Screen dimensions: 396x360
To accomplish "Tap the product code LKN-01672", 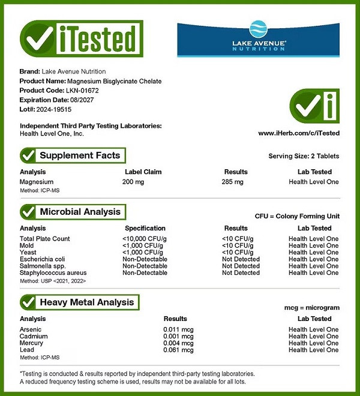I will (x=83, y=91).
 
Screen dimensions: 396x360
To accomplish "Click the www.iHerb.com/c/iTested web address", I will (x=299, y=133).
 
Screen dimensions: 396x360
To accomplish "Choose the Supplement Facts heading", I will (x=80, y=155).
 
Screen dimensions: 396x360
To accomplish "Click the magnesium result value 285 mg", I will (x=233, y=182).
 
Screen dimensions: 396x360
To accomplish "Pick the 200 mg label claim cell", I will (x=133, y=182).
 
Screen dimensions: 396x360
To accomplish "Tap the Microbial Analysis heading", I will (x=80, y=212).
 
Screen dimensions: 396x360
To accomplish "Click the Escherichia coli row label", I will (x=42, y=259).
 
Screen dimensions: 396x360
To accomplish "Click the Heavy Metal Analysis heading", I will (x=86, y=302).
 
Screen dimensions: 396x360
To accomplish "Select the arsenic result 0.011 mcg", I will (x=178, y=329).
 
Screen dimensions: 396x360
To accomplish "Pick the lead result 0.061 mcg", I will (x=178, y=350).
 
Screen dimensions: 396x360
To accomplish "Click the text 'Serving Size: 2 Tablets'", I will (x=304, y=156).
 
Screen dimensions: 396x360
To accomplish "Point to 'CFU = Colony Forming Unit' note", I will (x=298, y=216).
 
